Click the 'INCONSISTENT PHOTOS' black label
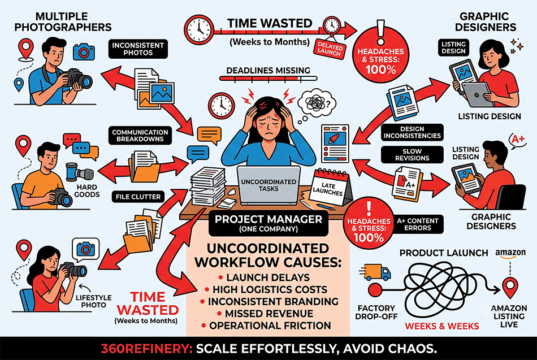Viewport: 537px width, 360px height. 138,49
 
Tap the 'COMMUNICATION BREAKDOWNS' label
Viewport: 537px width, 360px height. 140,136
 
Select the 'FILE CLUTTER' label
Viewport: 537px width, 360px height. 138,197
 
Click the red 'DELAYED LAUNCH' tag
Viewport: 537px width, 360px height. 330,48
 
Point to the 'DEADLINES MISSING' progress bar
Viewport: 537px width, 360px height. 268,79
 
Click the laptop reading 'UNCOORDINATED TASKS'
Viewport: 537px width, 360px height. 268,185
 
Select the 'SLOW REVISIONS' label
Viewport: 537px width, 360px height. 412,155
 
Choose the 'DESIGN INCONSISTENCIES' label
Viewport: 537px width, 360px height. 412,132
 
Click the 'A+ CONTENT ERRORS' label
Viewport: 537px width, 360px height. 418,224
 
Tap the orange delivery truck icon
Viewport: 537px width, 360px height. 375,272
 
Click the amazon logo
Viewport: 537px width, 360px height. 510,254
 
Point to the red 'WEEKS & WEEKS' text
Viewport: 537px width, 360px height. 442,326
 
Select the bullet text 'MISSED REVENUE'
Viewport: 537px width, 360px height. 269,314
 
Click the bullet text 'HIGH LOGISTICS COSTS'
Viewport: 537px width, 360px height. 270,289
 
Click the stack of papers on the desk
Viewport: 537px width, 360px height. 208,186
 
